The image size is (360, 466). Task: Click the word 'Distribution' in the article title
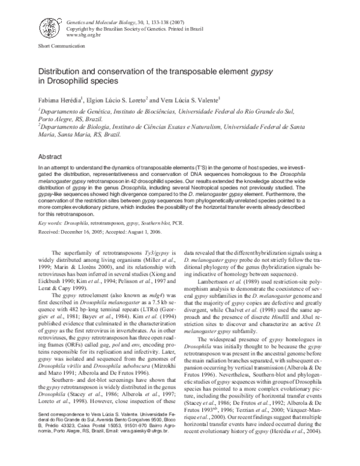61,71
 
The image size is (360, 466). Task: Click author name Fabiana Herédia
59,99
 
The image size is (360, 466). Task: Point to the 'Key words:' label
51,222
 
